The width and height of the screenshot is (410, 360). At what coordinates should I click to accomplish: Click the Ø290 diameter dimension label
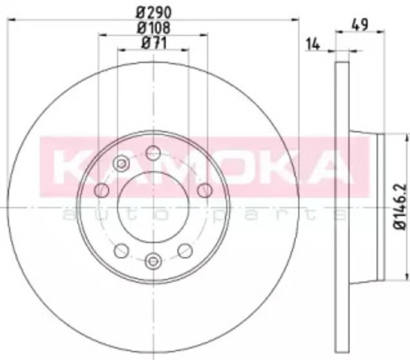(x=154, y=12)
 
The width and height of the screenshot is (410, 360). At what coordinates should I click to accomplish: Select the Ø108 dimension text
(x=154, y=28)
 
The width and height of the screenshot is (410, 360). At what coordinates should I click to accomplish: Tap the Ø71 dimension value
(x=154, y=43)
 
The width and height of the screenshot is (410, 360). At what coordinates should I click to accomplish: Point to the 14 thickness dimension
(x=312, y=44)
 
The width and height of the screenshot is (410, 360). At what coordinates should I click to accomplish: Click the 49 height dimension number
(x=360, y=25)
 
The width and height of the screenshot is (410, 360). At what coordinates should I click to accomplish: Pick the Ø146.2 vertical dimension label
(x=400, y=207)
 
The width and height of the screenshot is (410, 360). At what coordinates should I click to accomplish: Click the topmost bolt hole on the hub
(x=153, y=153)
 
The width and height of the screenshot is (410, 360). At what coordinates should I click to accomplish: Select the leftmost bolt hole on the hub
(x=101, y=190)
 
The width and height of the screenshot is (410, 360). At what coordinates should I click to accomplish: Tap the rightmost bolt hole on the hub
(x=204, y=190)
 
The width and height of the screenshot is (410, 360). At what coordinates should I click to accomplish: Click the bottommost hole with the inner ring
(x=153, y=261)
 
